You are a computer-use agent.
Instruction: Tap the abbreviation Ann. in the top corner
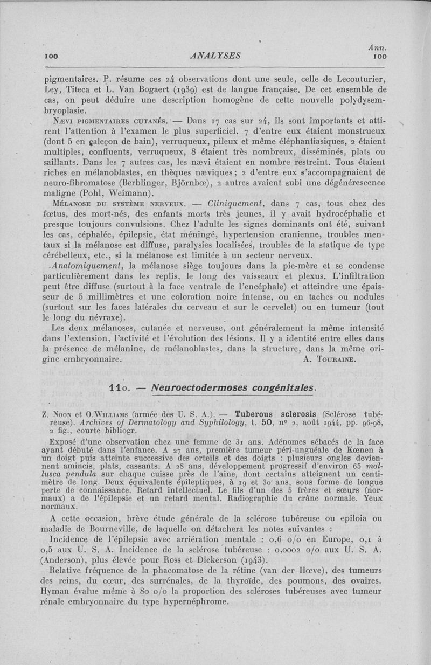(x=379, y=47)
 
